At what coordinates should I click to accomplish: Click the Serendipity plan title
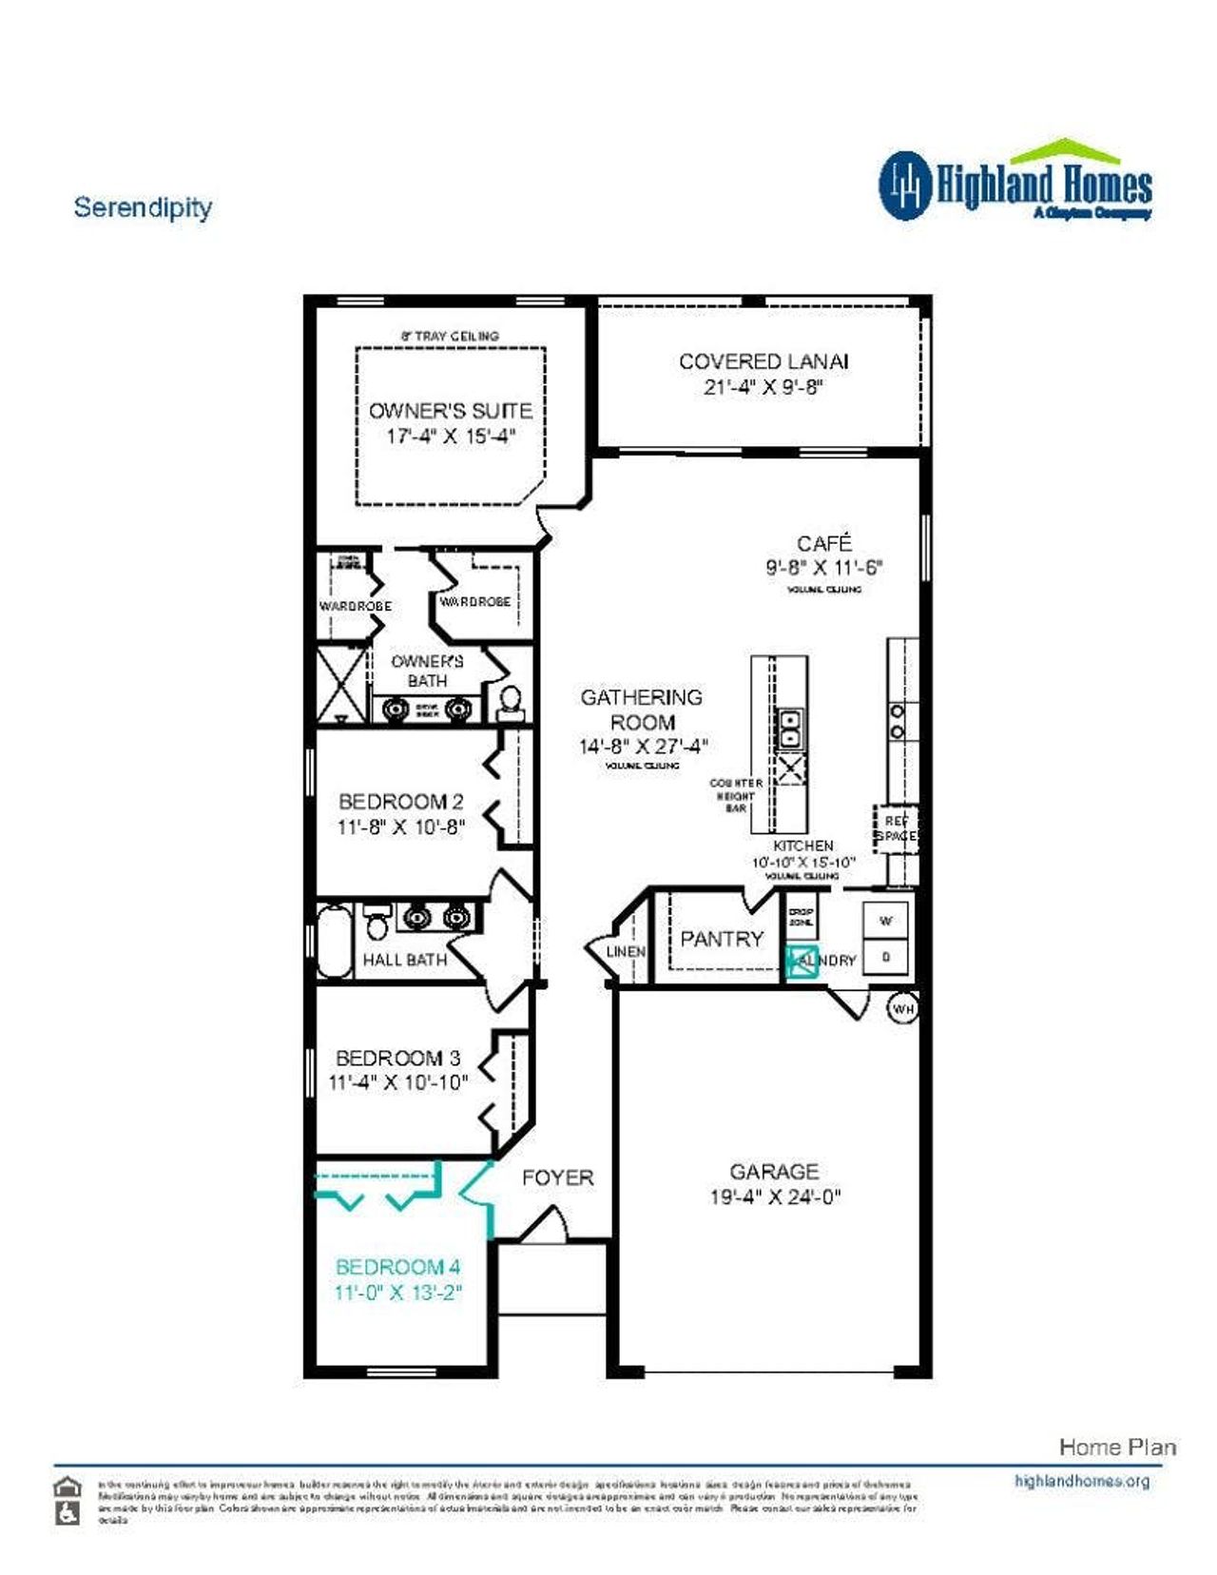[143, 207]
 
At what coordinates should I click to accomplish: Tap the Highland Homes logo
[1014, 183]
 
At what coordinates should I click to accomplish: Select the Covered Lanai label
[763, 361]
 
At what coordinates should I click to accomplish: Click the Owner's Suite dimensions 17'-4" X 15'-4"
[451, 437]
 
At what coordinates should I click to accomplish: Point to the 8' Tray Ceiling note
[450, 336]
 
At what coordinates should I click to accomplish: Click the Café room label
[824, 543]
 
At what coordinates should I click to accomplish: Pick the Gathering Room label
[642, 710]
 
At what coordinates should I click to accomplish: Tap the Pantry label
[722, 939]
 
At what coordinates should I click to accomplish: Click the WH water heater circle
[902, 1008]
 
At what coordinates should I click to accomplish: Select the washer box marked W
[886, 921]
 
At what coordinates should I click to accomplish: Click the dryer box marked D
[886, 958]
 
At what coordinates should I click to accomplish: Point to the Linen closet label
[626, 951]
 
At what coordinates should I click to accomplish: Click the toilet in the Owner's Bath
[511, 701]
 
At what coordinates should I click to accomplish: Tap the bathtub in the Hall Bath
[334, 940]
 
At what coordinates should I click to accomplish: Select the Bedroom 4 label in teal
[397, 1267]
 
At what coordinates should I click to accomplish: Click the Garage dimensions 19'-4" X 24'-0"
[775, 1196]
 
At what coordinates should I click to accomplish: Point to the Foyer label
[557, 1177]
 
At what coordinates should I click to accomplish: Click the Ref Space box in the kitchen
[895, 827]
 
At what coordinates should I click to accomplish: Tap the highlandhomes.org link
[1081, 1481]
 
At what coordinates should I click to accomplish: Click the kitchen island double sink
[789, 728]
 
